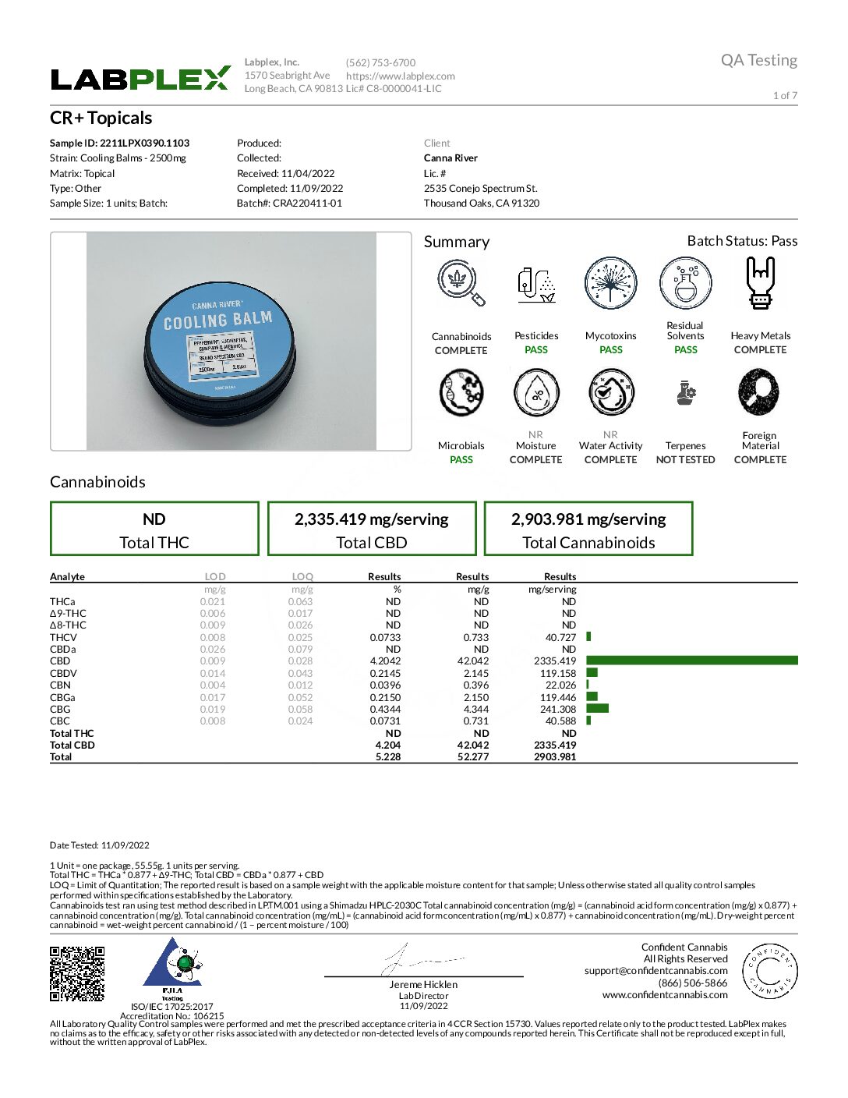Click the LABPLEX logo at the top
pyautogui.click(x=140, y=79)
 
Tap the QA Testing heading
pyautogui.click(x=758, y=60)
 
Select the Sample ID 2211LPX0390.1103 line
pyautogui.click(x=119, y=143)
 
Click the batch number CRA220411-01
pyautogui.click(x=289, y=204)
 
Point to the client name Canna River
pyautogui.click(x=450, y=158)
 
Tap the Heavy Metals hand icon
pyautogui.click(x=760, y=283)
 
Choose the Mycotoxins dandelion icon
pyautogui.click(x=610, y=283)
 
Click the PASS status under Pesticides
pyautogui.click(x=536, y=350)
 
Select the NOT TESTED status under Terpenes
pyautogui.click(x=685, y=460)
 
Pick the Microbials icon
pyautogui.click(x=461, y=392)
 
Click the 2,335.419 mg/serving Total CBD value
pyautogui.click(x=371, y=519)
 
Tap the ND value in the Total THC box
pyautogui.click(x=154, y=519)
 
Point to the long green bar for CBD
pyautogui.click(x=692, y=661)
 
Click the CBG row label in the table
pyautogui.click(x=60, y=710)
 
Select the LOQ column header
pyautogui.click(x=302, y=577)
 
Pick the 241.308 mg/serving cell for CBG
pyautogui.click(x=558, y=710)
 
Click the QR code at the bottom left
pyautogui.click(x=77, y=973)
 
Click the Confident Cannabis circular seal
pyautogui.click(x=769, y=971)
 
